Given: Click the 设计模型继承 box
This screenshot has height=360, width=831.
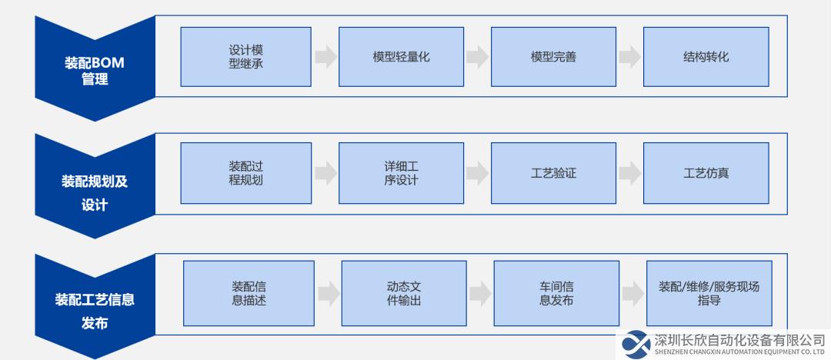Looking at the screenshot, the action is point(246,57).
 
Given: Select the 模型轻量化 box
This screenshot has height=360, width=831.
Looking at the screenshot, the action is point(401,57).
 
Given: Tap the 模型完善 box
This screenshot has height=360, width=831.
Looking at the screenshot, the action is point(553,57).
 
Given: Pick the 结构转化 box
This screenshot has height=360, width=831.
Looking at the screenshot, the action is point(706,57).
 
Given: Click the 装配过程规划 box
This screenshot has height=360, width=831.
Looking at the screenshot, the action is point(246,173).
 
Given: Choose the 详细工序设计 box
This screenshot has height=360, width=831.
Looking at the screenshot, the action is point(401,173).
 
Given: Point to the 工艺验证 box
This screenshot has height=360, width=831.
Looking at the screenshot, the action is point(553,173).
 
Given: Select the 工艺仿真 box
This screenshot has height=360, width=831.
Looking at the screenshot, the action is point(706,173).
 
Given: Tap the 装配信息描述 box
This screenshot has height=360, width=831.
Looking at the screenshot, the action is point(249,293).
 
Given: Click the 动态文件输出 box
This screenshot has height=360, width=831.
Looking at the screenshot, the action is point(404,293).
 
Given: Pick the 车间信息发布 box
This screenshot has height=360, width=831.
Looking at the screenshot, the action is point(556,293).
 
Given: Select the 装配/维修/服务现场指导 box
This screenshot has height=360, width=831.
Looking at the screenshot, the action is point(709,293).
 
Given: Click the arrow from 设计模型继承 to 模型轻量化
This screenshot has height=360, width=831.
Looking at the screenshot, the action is point(325,57).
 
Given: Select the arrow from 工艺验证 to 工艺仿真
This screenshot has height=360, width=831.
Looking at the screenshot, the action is point(629,173).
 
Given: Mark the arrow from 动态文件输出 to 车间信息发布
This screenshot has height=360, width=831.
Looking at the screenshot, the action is point(480,294).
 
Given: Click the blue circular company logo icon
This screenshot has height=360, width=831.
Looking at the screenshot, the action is point(636,344).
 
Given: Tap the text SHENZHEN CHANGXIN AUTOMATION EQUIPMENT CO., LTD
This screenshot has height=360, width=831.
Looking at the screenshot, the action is point(740,352).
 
